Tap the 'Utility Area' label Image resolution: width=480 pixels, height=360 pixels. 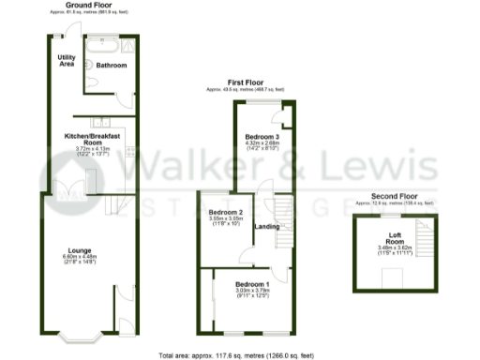(66, 61)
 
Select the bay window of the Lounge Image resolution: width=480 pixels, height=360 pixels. (73, 335)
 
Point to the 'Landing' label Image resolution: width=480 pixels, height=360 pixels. (265, 227)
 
